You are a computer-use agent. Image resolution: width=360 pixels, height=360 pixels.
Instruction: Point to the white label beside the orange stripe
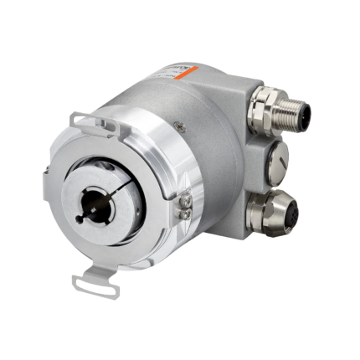point(177,75)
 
